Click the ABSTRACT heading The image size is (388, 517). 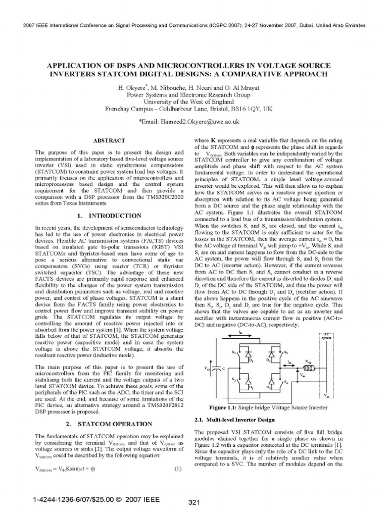[110, 139]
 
